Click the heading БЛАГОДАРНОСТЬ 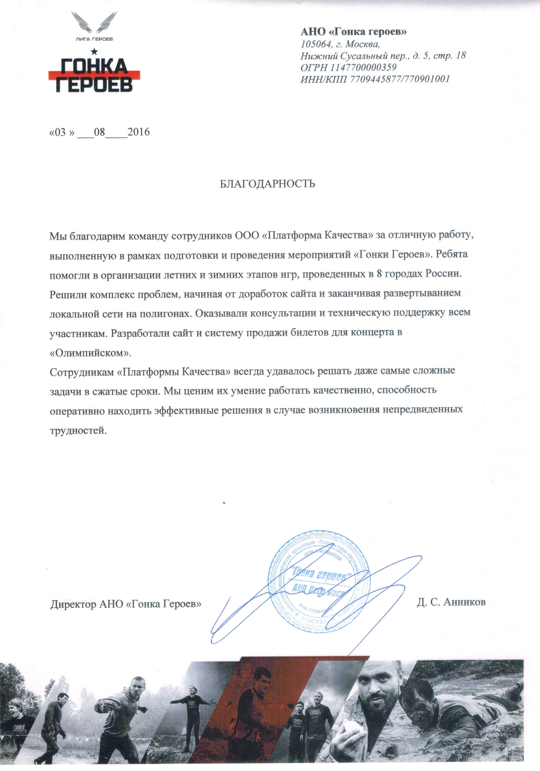pos(267,184)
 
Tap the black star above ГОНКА pos(94,51)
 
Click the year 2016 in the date pos(139,132)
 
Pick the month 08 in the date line pos(100,132)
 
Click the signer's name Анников pos(464,602)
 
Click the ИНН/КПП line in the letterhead pos(375,79)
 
